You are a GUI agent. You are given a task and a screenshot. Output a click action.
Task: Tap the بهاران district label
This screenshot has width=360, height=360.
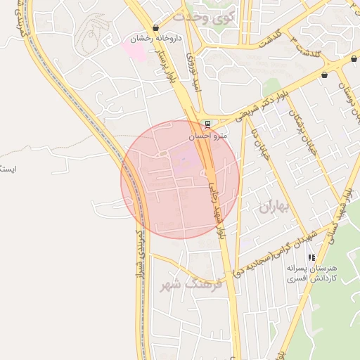click(x=274, y=207)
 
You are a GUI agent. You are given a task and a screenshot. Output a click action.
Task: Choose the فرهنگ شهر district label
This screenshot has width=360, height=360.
click(x=191, y=284)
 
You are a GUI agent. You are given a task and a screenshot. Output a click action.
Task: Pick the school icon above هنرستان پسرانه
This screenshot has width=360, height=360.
click(x=311, y=258)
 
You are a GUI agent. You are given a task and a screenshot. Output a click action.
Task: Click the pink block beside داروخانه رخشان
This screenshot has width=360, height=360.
click(x=132, y=48)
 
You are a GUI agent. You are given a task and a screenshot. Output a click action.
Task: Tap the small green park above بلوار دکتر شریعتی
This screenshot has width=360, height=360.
click(x=271, y=88)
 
